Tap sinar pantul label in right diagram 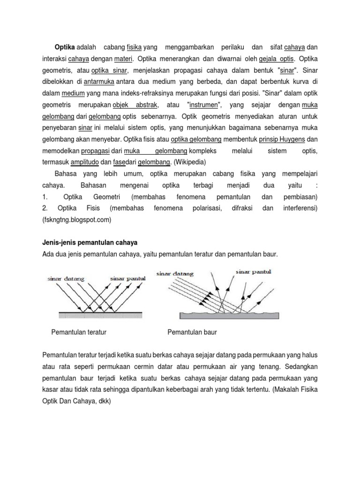[x=253, y=271]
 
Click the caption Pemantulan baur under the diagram [x=192, y=332]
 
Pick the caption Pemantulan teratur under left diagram [x=79, y=332]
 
